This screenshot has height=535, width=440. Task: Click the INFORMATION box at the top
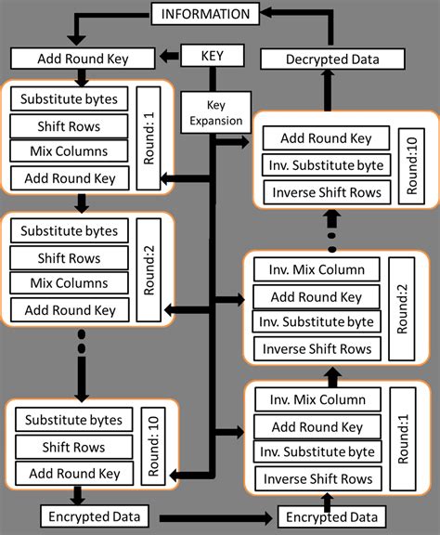(x=205, y=14)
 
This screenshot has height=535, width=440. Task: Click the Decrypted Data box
(x=331, y=59)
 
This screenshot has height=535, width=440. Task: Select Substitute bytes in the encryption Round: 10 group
(x=73, y=420)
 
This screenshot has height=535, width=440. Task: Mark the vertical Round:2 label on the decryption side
(x=402, y=309)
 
